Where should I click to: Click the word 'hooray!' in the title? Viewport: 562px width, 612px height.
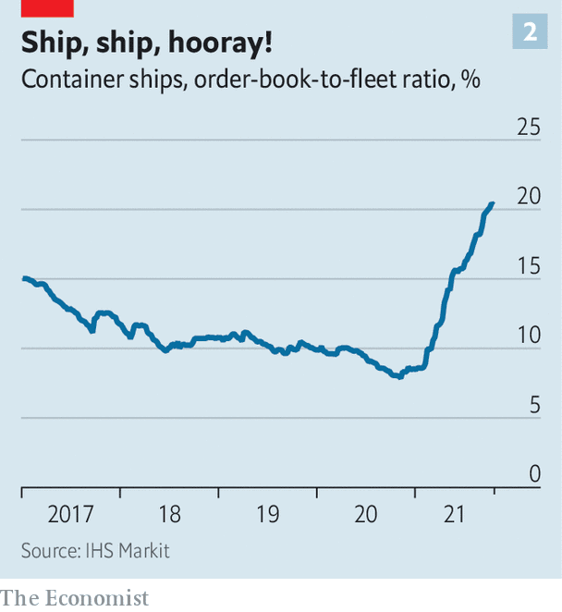tap(219, 43)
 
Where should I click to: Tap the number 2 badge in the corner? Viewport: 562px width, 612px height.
tap(530, 32)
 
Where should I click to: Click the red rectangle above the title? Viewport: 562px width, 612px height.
tap(47, 7)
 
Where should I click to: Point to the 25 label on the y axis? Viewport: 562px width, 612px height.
tap(528, 127)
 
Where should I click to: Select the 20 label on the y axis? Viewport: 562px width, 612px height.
tap(528, 196)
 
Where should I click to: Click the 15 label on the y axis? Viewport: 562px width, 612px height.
tap(528, 265)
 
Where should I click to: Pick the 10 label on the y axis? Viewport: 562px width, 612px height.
tap(528, 335)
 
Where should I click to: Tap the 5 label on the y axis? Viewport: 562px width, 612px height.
tap(533, 404)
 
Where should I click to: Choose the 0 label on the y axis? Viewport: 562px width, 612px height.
tap(533, 474)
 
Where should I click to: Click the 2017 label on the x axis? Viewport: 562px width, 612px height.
tap(70, 514)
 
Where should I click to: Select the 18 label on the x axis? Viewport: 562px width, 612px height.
tap(169, 514)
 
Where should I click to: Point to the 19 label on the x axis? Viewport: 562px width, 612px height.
tap(267, 514)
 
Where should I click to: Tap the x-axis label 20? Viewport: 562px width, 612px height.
tap(366, 514)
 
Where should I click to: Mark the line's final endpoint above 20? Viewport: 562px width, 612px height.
tap(493, 202)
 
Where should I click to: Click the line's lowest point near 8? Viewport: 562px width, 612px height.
tap(399, 377)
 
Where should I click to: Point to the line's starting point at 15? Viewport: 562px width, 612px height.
tap(22, 278)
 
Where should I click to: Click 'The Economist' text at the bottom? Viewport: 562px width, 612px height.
tap(74, 598)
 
